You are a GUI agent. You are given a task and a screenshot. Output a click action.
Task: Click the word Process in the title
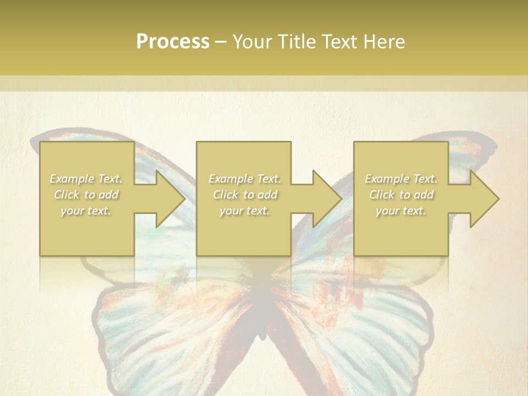pyautogui.click(x=173, y=42)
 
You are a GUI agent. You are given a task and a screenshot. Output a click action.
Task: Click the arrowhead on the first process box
pyautogui.click(x=168, y=199)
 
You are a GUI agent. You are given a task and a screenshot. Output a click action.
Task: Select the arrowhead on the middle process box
pyautogui.click(x=325, y=199)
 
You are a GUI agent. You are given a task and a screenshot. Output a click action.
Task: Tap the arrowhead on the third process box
pyautogui.click(x=482, y=199)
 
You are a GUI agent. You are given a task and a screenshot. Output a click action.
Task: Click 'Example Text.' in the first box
pyautogui.click(x=86, y=179)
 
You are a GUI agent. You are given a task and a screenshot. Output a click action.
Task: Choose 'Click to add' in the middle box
pyautogui.click(x=245, y=195)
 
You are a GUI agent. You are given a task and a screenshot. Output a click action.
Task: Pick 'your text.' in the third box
pyautogui.click(x=400, y=211)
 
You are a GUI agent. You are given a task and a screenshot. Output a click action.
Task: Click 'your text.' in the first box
pyautogui.click(x=86, y=211)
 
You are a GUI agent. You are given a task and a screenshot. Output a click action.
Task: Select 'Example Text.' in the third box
pyautogui.click(x=400, y=179)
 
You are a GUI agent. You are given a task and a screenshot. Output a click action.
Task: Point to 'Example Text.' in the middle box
pyautogui.click(x=245, y=179)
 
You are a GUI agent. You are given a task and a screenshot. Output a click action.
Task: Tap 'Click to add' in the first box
pyautogui.click(x=86, y=195)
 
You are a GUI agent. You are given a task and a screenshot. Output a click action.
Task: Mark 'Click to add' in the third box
pyautogui.click(x=400, y=195)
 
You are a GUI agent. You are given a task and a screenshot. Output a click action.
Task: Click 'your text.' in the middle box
pyautogui.click(x=245, y=211)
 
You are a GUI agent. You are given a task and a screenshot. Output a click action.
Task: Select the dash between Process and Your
pyautogui.click(x=221, y=42)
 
